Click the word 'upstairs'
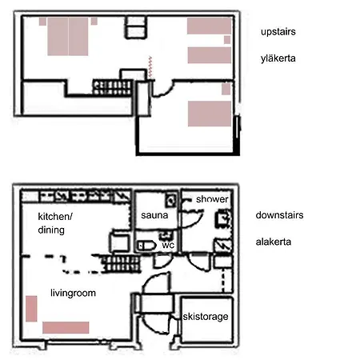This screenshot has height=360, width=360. pos(278,32)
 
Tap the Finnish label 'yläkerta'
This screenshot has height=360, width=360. pos(278,58)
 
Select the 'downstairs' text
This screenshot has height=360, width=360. pos(279,215)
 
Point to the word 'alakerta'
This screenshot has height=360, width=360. pos(274,242)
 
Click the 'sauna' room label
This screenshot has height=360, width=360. pos(154,215)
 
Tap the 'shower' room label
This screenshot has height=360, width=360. pos(212,199)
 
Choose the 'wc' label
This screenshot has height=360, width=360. pos(168,246)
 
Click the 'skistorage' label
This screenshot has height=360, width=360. pos(206,317)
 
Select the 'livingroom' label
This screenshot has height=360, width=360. pos(73,293)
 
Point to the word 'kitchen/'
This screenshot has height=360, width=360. pos(55,217)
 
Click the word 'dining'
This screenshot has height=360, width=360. pos(51,230)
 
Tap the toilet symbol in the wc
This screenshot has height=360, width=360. pos(146,246)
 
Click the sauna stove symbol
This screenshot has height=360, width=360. pos(171,200)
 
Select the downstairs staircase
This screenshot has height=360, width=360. pos(122,264)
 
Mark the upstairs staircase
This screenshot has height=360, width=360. pos(113,87)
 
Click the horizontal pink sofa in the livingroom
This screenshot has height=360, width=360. pos(66,328)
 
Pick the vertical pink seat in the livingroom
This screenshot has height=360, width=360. pos(31,309)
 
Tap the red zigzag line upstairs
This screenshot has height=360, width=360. pos(150,67)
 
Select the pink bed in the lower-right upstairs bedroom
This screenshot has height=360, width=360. pos(210,114)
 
